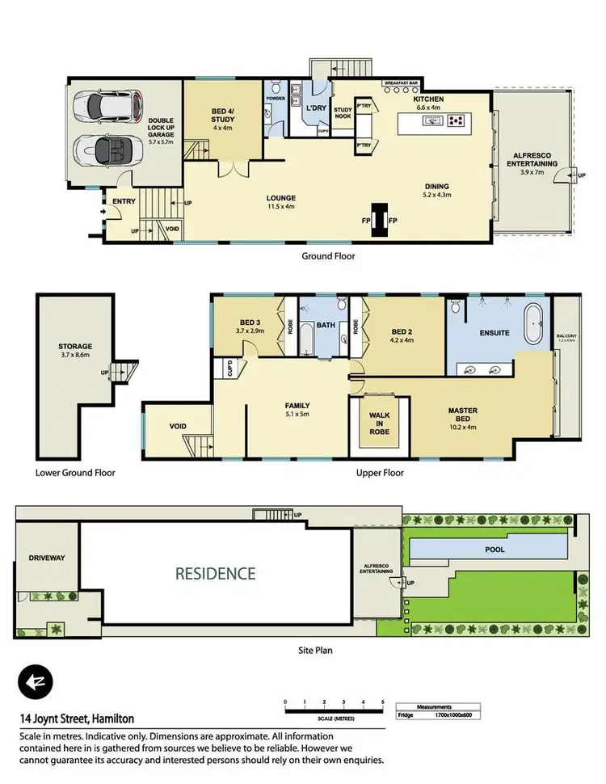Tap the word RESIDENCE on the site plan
[217, 574]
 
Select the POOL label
[494, 550]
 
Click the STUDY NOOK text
[343, 112]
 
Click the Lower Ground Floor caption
[75, 474]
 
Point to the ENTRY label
[124, 202]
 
